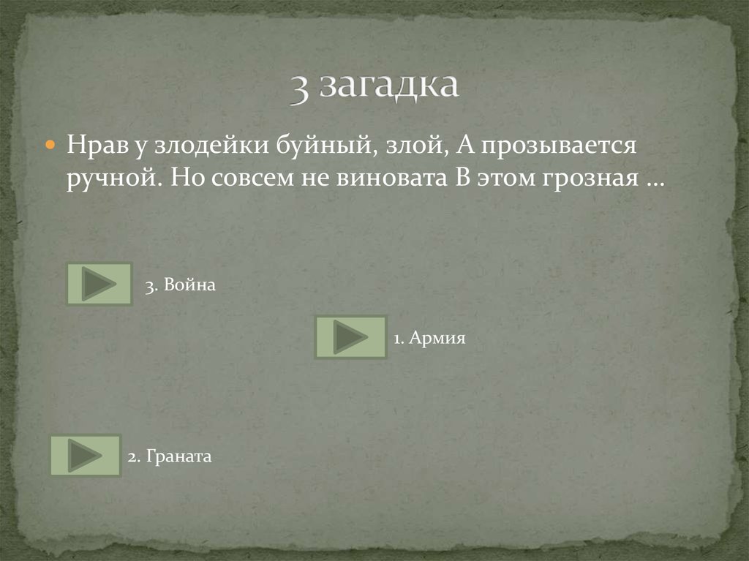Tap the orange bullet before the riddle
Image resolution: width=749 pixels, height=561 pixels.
(x=50, y=146)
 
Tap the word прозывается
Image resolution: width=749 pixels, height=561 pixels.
(x=562, y=145)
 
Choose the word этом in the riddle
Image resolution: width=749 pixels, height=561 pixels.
(x=504, y=178)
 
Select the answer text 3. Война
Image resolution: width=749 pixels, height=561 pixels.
(x=180, y=285)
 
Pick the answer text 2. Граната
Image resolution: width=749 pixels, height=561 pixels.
(x=169, y=457)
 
